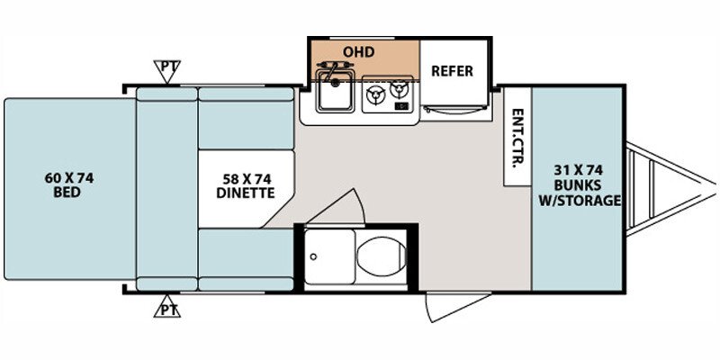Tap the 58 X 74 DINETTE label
pos(244,184)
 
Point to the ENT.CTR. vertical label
pos(517,136)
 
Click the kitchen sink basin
pos(335,95)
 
